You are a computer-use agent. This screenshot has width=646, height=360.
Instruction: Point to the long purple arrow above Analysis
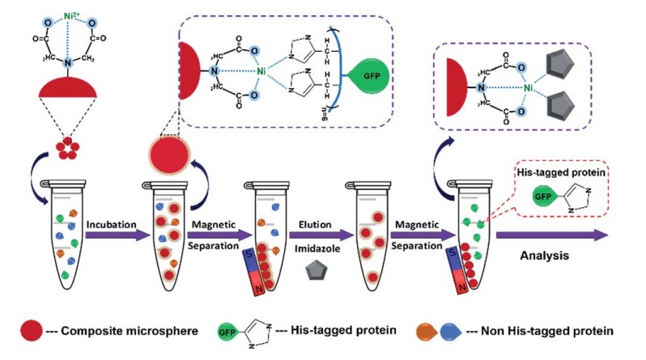pyautogui.click(x=551, y=235)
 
